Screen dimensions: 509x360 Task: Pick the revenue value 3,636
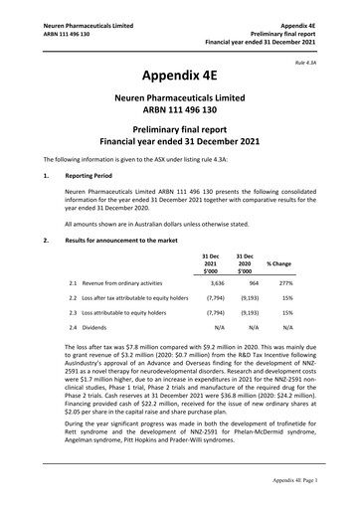tap(210, 282)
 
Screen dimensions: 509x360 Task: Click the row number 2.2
tap(73, 297)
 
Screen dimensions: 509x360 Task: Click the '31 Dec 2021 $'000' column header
tap(211, 263)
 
